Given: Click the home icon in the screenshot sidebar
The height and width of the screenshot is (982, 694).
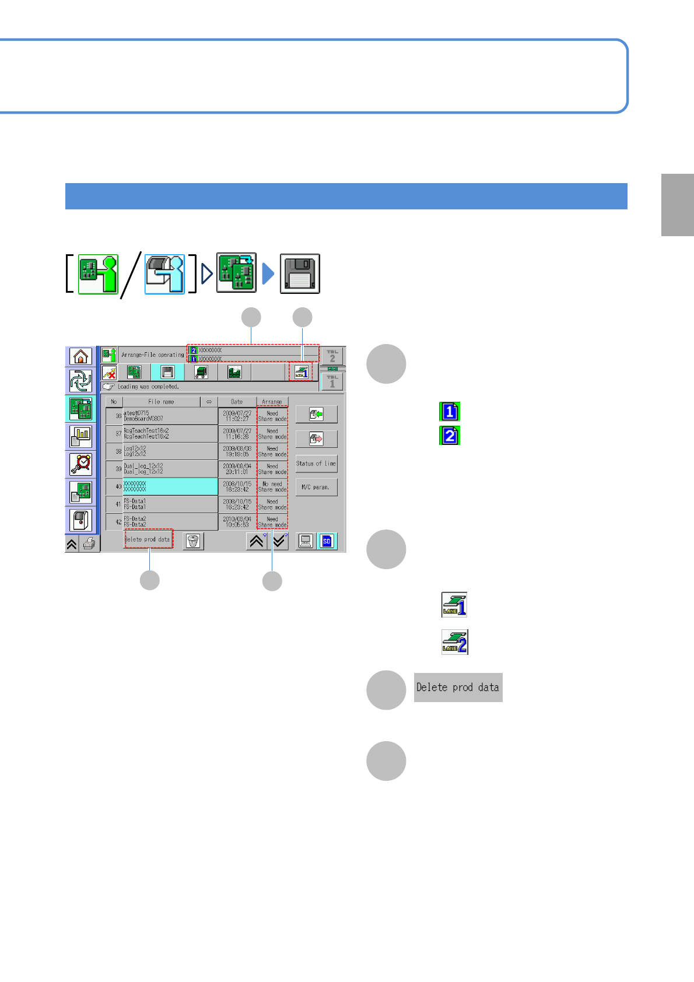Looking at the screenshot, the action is [81, 356].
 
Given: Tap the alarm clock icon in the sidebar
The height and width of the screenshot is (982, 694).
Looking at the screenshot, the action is [81, 464].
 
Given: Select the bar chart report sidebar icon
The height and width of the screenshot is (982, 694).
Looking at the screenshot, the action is [81, 436].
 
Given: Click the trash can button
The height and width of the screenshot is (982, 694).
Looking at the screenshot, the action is [193, 541].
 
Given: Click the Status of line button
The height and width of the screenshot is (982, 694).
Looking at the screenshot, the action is [316, 464].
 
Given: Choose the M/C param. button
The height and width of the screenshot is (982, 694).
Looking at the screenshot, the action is [316, 487].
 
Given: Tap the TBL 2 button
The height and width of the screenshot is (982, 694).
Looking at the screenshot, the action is [332, 356].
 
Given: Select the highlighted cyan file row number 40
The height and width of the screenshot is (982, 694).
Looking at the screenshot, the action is [170, 486].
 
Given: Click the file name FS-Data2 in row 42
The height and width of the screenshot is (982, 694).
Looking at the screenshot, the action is [135, 521].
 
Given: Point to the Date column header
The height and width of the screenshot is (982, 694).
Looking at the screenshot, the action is [237, 402].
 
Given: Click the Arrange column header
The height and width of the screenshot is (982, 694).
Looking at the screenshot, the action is [272, 402].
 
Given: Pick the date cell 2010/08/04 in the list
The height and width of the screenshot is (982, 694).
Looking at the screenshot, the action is [237, 521].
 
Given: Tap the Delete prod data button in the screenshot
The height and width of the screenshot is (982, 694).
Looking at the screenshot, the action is [148, 539].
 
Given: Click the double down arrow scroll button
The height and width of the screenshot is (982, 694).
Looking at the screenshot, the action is [280, 541].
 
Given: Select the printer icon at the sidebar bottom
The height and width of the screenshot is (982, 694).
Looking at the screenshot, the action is [89, 544].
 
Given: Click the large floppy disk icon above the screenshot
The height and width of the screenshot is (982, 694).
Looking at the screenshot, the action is [300, 273].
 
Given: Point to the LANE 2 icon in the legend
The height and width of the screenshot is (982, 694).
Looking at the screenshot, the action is [454, 642].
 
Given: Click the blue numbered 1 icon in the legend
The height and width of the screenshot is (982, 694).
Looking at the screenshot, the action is [450, 412].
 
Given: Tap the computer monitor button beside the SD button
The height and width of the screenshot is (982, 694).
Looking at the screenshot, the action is [305, 541].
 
